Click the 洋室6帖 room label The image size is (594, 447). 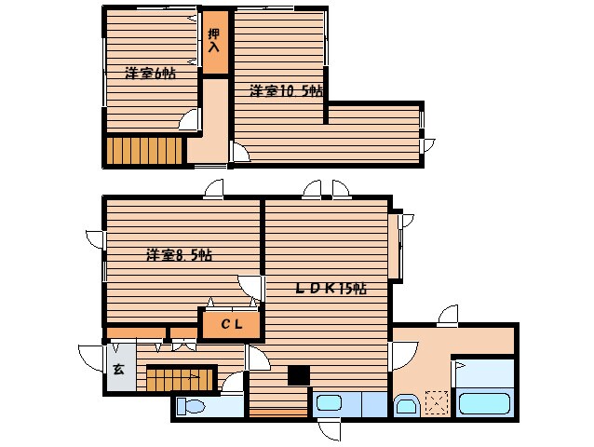pyautogui.click(x=151, y=74)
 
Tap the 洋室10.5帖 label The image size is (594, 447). pyautogui.click(x=286, y=91)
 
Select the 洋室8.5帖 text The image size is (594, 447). pyautogui.click(x=179, y=255)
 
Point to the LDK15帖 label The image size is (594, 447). pyautogui.click(x=331, y=289)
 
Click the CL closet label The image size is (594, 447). pyautogui.click(x=232, y=324)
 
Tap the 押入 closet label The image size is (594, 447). pyautogui.click(x=214, y=40)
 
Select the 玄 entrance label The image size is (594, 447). pyautogui.click(x=118, y=369)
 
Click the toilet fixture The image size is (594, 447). pyautogui.click(x=191, y=406)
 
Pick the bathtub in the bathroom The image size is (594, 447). pyautogui.click(x=484, y=404)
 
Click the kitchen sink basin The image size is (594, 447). pyautogui.click(x=329, y=403)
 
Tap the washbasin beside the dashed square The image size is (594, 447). pyautogui.click(x=407, y=405)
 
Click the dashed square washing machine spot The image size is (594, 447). pyautogui.click(x=437, y=403)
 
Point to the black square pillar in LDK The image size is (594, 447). pyautogui.click(x=299, y=375)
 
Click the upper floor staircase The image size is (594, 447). pyautogui.click(x=144, y=150)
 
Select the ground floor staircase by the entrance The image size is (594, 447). pyautogui.click(x=180, y=379)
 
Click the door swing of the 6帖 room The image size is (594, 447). pyautogui.click(x=188, y=120)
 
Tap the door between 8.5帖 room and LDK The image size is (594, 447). pyautogui.click(x=250, y=288)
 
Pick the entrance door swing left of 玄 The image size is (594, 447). pyautogui.click(x=91, y=358)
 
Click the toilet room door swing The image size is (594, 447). pyautogui.click(x=233, y=383)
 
